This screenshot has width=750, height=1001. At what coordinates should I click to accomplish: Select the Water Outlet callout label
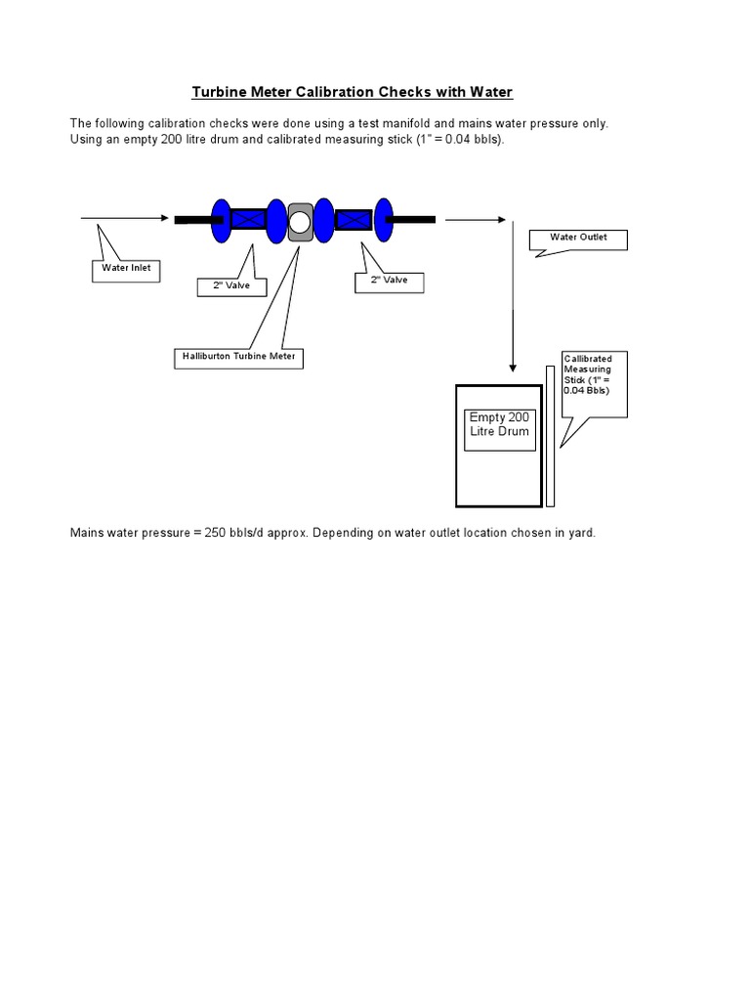[x=578, y=239]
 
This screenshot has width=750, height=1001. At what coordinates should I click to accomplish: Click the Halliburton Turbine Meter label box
[x=238, y=358]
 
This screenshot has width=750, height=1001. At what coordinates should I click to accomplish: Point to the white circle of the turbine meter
[x=301, y=221]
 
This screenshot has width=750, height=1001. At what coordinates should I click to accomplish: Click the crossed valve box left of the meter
[x=249, y=220]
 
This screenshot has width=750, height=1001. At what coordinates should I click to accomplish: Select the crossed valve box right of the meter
[x=352, y=220]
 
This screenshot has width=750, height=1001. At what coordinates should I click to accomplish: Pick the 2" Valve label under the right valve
[x=389, y=281]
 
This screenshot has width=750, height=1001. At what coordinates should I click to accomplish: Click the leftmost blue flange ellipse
[x=222, y=221]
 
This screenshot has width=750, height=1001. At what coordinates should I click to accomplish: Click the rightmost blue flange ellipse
[x=383, y=220]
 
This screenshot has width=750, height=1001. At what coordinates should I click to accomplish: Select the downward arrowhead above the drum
[x=513, y=369]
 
